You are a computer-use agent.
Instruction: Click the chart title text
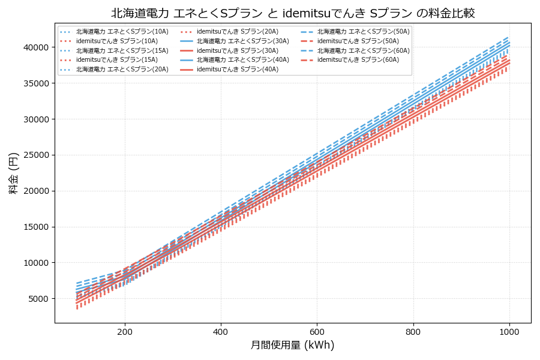pyautogui.click(x=293, y=13)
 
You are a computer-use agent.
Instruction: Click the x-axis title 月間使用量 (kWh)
pyautogui.click(x=292, y=345)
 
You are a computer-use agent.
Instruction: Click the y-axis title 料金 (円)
pyautogui.click(x=13, y=173)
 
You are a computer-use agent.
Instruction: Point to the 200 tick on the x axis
pyautogui.click(x=125, y=331)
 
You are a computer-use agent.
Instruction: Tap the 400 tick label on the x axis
pyautogui.click(x=221, y=331)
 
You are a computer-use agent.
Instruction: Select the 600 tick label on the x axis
pyautogui.click(x=317, y=331)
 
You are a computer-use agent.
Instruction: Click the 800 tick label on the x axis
pyautogui.click(x=413, y=331)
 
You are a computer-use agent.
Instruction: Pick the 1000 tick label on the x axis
pyautogui.click(x=509, y=331)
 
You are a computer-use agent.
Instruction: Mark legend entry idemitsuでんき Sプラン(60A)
pyautogui.click(x=358, y=60)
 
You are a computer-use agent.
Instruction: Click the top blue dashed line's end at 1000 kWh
pyautogui.click(x=509, y=37)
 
